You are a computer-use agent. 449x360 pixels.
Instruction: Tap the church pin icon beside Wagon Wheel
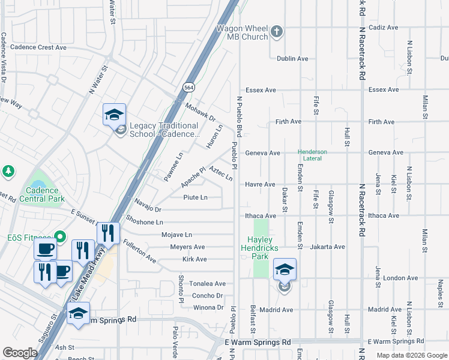277,31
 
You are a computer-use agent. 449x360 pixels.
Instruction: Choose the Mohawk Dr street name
200,112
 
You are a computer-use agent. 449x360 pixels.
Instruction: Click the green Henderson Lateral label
312,155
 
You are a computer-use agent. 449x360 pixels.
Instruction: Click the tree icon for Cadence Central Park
8,172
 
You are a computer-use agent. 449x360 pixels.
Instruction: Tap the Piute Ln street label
195,197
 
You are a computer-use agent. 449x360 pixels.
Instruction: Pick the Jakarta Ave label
327,247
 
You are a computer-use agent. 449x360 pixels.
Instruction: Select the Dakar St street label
285,199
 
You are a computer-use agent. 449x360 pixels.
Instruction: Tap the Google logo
20,353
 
